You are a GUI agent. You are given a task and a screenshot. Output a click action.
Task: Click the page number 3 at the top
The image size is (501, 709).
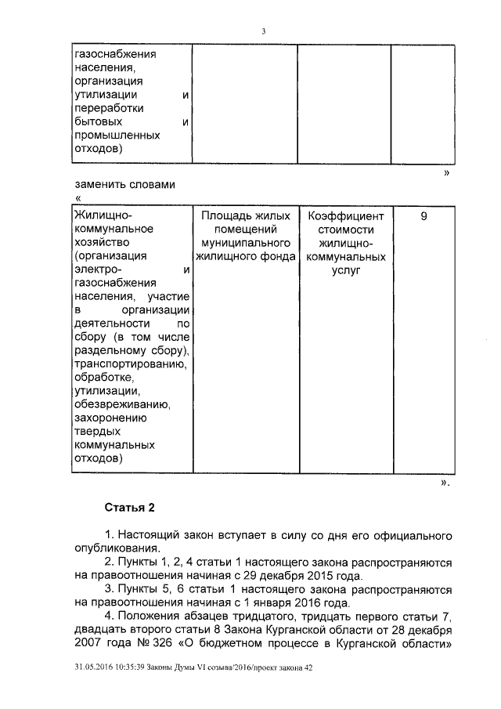point(264,31)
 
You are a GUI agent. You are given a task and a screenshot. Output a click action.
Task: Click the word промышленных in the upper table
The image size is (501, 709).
point(117,135)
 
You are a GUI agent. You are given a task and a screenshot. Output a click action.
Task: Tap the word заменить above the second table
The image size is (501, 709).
point(98,185)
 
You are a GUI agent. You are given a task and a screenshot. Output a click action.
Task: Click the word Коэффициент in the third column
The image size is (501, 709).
point(345,215)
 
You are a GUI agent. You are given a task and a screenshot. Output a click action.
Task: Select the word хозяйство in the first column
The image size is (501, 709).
point(100,242)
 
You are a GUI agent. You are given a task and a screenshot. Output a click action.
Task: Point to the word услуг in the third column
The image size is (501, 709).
point(345,269)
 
